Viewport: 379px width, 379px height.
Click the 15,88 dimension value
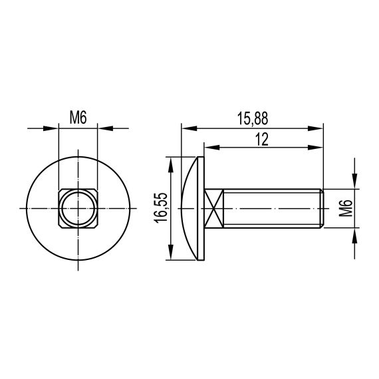tap(252, 118)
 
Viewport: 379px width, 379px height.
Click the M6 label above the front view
tap(78, 118)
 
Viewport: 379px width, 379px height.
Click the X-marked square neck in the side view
tap(213, 209)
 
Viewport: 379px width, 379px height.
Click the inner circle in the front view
tap(78, 209)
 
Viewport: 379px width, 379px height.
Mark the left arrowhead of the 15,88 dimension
tap(188, 127)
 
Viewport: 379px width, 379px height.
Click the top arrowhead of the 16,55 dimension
tap(172, 164)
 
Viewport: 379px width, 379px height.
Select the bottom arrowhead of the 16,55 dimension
tap(172, 253)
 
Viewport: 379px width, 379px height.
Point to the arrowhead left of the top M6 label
tap(51, 127)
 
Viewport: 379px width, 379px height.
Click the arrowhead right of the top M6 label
tap(104, 127)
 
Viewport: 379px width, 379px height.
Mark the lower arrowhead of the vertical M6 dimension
tap(354, 237)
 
